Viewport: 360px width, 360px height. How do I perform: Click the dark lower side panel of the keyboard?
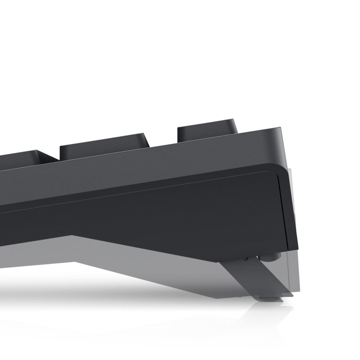tap(180, 211)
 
